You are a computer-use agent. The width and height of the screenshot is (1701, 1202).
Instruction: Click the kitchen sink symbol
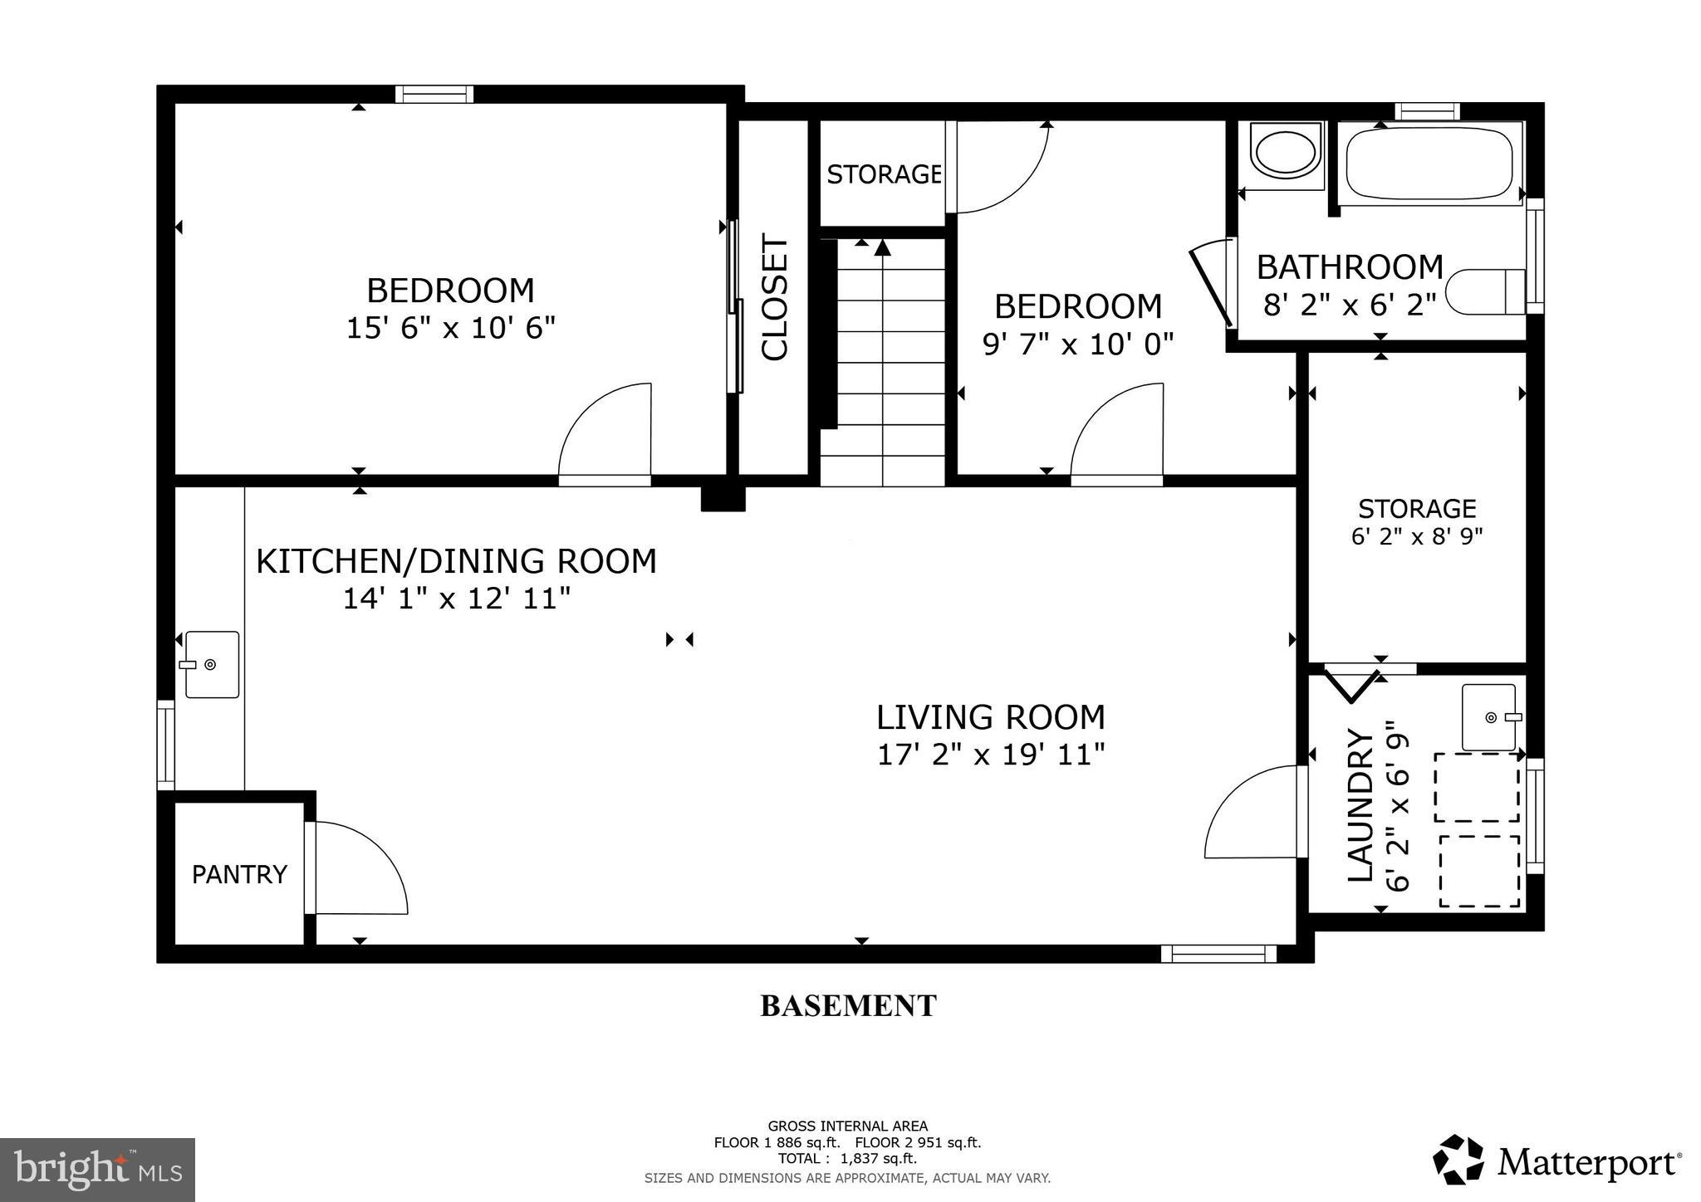click(x=212, y=664)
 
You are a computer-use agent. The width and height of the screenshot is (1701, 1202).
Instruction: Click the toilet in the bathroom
click(x=1485, y=291)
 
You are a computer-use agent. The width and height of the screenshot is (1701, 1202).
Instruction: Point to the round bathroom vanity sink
click(x=1285, y=153)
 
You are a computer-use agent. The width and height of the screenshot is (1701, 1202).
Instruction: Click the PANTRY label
click(x=239, y=874)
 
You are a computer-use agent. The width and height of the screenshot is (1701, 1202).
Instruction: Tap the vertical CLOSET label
click(x=774, y=299)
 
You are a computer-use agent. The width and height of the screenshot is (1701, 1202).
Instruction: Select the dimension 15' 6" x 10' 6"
click(x=450, y=327)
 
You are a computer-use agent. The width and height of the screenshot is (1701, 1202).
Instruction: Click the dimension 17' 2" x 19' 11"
click(x=991, y=755)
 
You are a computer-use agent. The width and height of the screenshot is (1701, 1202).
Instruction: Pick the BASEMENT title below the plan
click(x=848, y=1005)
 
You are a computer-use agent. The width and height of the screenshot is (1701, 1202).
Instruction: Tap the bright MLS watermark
click(x=97, y=1170)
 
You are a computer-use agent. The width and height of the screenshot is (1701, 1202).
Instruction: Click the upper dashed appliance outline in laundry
click(x=1478, y=787)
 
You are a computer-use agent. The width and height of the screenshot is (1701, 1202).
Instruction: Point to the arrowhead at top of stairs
click(x=882, y=247)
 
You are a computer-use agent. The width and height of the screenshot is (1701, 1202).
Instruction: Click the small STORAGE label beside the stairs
click(x=883, y=174)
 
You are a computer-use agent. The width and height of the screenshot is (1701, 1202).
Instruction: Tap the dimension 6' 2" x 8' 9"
click(x=1417, y=535)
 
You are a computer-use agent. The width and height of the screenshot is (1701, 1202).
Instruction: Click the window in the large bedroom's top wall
click(x=434, y=94)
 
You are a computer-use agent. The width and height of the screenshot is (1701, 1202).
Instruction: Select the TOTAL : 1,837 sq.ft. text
click(x=847, y=1158)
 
